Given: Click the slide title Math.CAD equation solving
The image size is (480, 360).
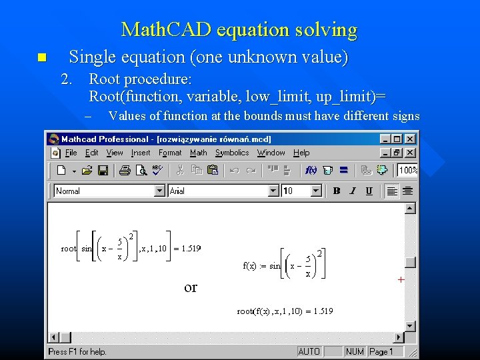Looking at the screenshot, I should pos(239,30).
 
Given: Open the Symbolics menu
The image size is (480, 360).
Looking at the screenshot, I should pos(232,153).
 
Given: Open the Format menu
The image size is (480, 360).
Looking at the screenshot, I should pos(170,153).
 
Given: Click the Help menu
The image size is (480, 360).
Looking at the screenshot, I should pos(301,153).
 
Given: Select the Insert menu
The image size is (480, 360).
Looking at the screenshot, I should pos(141,153).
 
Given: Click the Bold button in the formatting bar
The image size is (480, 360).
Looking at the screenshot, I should pos(337,191).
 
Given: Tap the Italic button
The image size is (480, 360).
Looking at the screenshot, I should pos(353,191).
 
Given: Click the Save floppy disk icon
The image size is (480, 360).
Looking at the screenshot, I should pos(103,170).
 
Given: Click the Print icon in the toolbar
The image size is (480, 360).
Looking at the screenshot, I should pos(124,170).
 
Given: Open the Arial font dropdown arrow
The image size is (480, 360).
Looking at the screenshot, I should pos(273,191).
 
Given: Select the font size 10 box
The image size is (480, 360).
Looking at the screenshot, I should pos(297,191).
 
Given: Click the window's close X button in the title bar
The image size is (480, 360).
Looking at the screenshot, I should pos(410,139).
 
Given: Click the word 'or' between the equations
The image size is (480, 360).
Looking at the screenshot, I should pos(191,287).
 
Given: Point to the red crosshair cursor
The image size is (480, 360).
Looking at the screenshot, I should pos(401,280).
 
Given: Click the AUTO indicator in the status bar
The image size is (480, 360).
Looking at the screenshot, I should pos(309,351).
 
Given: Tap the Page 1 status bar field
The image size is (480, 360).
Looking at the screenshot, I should pos(381,351).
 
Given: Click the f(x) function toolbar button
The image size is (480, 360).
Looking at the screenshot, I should pos(311,170).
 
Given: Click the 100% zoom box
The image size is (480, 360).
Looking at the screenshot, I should pos(408,170).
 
